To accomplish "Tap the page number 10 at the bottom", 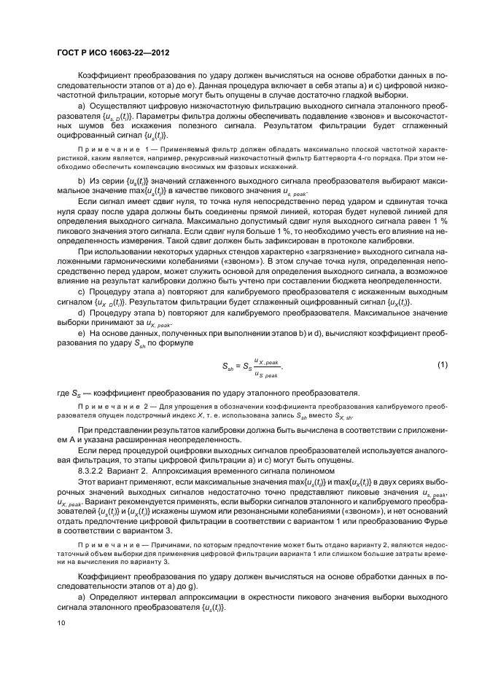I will pyautogui.click(x=62, y=623).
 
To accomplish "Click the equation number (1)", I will pyautogui.click(x=442, y=364).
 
